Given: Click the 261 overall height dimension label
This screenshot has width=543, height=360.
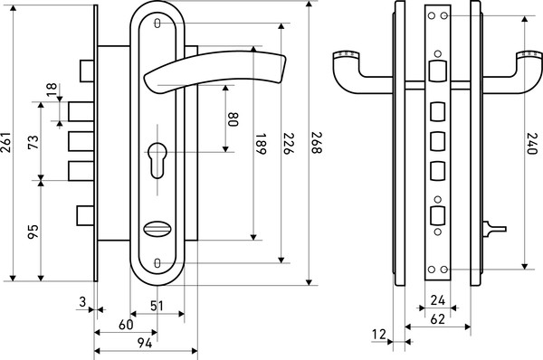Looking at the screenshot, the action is (x=6, y=142).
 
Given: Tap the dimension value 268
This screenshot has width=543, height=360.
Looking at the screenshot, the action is (x=317, y=142).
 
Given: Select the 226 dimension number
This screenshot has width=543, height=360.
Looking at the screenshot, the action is (x=289, y=143).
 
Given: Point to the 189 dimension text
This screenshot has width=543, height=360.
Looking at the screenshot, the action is (x=261, y=143).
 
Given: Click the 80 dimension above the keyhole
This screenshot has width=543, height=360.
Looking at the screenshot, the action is (x=233, y=119).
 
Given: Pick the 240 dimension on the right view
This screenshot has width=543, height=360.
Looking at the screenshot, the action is (x=531, y=143).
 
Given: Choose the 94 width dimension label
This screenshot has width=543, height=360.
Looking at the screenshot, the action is (x=145, y=344).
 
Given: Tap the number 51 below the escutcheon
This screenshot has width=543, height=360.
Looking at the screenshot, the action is (x=157, y=306).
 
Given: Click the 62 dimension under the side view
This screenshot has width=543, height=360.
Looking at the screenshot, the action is (x=437, y=319).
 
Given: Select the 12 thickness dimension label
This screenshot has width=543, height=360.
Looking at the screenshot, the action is (x=379, y=335).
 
